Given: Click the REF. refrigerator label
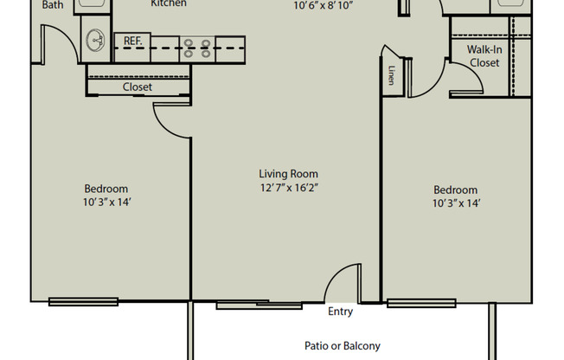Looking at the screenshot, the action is click(132, 41).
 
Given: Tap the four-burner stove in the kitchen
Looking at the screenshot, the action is click(197, 48).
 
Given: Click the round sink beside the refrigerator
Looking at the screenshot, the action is click(95, 40).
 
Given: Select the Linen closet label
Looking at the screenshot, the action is click(392, 75).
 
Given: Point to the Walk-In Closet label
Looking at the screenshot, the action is click(484, 56).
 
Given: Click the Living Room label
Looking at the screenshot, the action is click(288, 174).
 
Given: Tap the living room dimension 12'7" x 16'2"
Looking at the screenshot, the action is click(289, 188).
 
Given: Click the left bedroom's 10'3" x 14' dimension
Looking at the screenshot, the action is click(106, 202).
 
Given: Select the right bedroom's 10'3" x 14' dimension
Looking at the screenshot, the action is click(456, 203).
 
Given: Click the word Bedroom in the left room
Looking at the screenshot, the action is click(106, 189).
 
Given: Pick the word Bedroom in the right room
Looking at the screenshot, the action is click(455, 190).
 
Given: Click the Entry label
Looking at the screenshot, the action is click(340, 311).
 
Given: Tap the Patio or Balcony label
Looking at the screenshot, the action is click(343, 346).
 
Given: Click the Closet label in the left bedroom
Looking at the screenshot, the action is click(138, 87).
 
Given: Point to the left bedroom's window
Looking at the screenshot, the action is click(83, 302).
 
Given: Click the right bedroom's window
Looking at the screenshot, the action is click(421, 303).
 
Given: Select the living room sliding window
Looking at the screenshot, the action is click(259, 305).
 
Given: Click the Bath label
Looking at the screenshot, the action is click(53, 5).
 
